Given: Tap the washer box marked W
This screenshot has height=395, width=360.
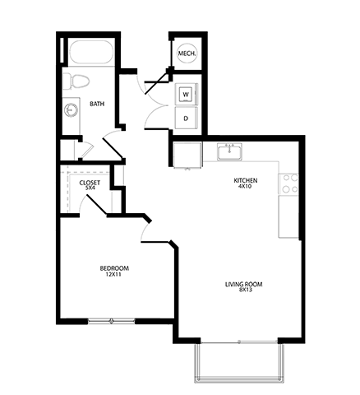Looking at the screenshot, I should pyautogui.click(x=186, y=94).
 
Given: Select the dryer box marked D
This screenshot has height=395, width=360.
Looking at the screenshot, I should pyautogui.click(x=186, y=118).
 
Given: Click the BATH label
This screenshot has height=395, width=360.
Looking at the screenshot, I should pyautogui.click(x=97, y=104).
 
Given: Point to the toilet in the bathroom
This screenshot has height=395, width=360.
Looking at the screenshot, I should pyautogui.click(x=78, y=81).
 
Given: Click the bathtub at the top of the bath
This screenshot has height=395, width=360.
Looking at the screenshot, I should pyautogui.click(x=90, y=53).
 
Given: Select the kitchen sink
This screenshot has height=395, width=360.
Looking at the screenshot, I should pyautogui.click(x=229, y=151).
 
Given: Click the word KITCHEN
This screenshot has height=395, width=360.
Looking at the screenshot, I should pyautogui.click(x=246, y=179).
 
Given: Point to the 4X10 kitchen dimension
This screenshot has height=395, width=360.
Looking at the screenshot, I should pyautogui.click(x=246, y=187).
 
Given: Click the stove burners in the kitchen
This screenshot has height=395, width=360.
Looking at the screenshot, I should pyautogui.click(x=288, y=183).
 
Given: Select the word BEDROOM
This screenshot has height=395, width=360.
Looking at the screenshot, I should pyautogui.click(x=113, y=268).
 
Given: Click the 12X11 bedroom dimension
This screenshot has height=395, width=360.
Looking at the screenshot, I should pyautogui.click(x=113, y=276).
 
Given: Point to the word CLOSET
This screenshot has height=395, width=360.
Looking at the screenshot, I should pyautogui.click(x=90, y=182).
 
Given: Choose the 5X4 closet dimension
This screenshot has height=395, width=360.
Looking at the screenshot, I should pyautogui.click(x=90, y=188).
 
